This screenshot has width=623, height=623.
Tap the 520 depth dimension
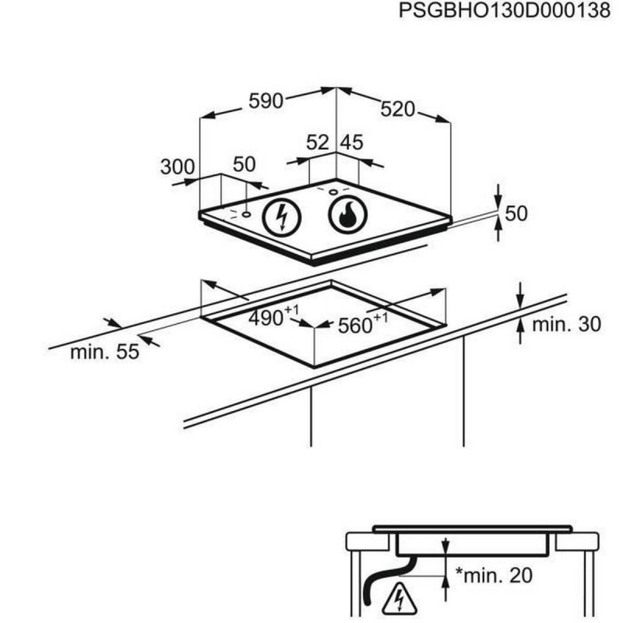click(399, 110)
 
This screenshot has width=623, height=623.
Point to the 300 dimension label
click(177, 166)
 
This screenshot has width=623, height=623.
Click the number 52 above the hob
click(318, 143)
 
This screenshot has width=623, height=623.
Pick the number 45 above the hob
click(353, 143)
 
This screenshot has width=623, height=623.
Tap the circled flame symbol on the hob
click(347, 214)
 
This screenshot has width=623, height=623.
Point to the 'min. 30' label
click(566, 324)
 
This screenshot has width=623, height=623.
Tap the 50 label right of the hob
click(516, 213)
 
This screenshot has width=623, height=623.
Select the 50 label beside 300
click(245, 164)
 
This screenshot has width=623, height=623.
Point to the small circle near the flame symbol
click(333, 192)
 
